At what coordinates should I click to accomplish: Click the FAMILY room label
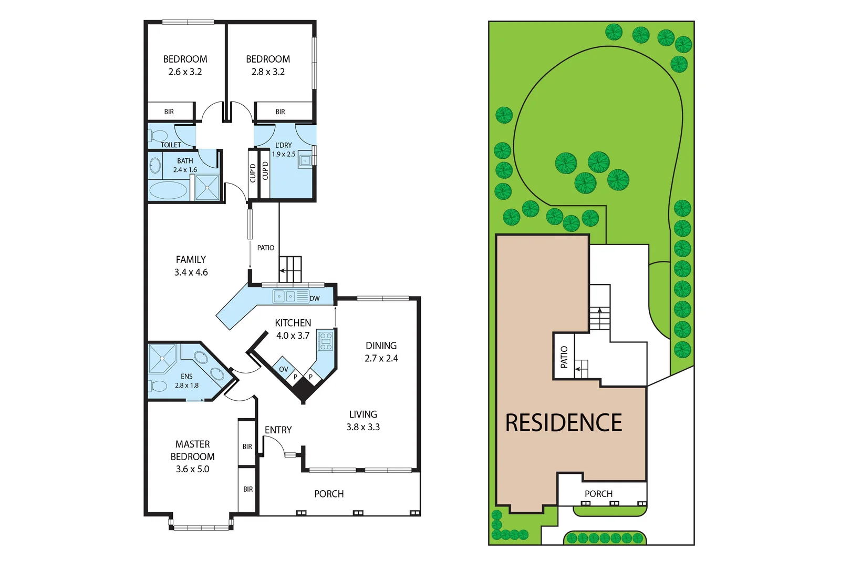[x=191, y=259]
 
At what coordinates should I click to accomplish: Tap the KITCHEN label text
[x=293, y=323]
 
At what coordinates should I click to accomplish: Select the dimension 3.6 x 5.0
[x=192, y=469]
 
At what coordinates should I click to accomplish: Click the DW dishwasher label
[x=314, y=299]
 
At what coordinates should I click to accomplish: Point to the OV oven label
[x=284, y=369]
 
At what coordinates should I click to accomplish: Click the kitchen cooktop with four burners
[x=326, y=341]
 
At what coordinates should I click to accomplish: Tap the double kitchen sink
[x=285, y=297]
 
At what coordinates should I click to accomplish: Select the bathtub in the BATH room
[x=168, y=190]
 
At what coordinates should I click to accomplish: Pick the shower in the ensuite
[x=162, y=358]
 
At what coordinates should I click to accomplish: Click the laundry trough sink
[x=305, y=160]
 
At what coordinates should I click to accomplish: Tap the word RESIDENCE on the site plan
[x=564, y=423]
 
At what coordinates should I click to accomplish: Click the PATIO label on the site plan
[x=564, y=357]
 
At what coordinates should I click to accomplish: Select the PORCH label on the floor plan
[x=329, y=494]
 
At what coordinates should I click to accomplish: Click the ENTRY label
[x=278, y=430]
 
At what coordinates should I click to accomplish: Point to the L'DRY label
[x=283, y=145]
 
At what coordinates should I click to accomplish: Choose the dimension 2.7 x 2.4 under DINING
[x=381, y=358]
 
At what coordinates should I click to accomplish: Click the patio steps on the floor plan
[x=290, y=269]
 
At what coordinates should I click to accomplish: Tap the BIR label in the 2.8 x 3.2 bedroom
[x=280, y=112]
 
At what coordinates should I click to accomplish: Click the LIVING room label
[x=363, y=414]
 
